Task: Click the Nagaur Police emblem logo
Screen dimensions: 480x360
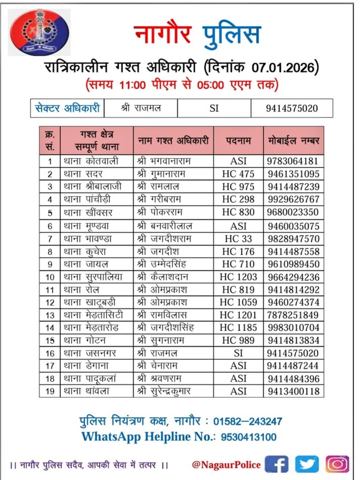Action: (x=39, y=32)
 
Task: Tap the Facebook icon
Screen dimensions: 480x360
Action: (x=276, y=464)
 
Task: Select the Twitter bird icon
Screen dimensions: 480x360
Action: (x=307, y=464)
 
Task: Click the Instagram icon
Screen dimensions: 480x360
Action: (x=337, y=464)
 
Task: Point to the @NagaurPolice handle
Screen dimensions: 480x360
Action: (x=226, y=465)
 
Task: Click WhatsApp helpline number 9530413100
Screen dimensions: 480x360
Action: (x=248, y=437)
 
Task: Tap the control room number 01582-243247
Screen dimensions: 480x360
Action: (x=247, y=421)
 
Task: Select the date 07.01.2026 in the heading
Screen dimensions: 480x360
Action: (x=283, y=68)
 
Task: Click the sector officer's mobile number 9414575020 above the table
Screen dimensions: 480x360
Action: (x=292, y=108)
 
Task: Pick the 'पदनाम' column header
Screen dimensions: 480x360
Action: (x=238, y=141)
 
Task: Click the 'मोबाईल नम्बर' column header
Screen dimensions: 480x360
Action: (x=294, y=141)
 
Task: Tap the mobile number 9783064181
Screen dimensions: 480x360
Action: (x=292, y=161)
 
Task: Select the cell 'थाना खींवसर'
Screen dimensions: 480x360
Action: (x=88, y=213)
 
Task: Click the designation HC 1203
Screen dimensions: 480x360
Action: (x=238, y=277)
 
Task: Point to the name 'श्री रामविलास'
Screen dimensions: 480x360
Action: (x=162, y=315)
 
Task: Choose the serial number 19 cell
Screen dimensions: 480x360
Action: (x=50, y=391)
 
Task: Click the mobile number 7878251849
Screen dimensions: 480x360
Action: (x=293, y=315)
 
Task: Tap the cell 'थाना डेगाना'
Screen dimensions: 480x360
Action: (x=86, y=366)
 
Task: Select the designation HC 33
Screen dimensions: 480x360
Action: (x=238, y=239)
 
